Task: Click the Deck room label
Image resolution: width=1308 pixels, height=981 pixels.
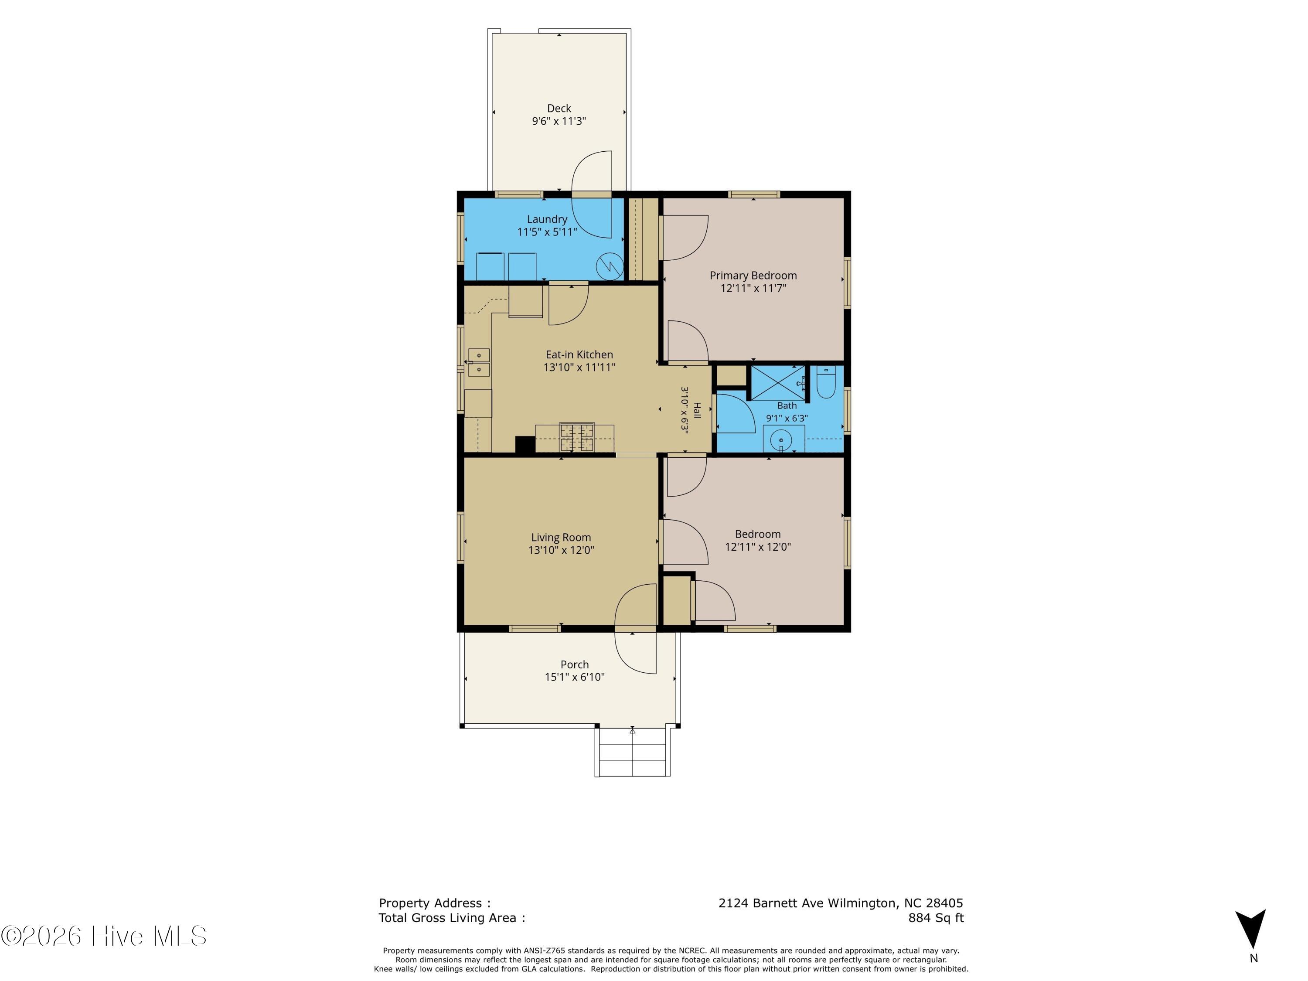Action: click(559, 108)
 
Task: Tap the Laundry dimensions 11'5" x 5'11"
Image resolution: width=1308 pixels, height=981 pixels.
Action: click(547, 232)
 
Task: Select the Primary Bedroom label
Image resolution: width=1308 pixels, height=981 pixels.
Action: click(753, 276)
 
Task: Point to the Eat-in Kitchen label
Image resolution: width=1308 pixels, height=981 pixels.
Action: click(579, 355)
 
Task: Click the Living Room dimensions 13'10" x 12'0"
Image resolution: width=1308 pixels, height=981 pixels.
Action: click(561, 550)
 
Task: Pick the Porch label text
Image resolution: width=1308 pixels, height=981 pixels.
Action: click(574, 664)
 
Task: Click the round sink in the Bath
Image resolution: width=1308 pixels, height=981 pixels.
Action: click(781, 440)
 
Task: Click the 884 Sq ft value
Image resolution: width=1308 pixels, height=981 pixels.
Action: click(936, 918)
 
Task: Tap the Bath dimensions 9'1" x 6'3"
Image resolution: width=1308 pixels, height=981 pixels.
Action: click(787, 418)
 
